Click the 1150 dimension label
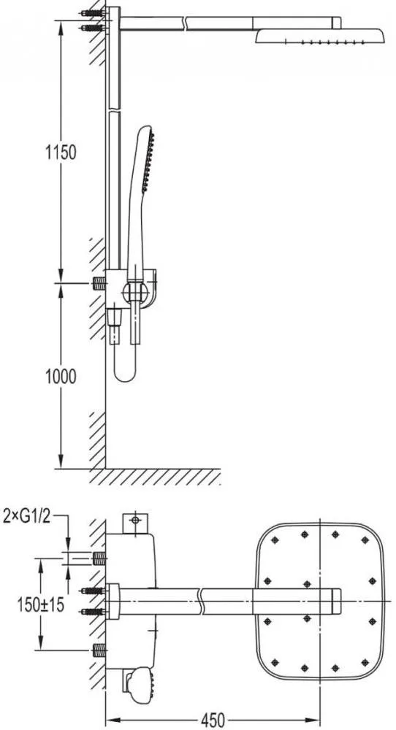click(61, 152)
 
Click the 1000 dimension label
click(61, 376)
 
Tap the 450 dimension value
click(213, 720)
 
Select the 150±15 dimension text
click(41, 604)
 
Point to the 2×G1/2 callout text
click(26, 517)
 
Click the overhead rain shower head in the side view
click(320, 36)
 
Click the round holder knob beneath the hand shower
click(135, 293)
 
